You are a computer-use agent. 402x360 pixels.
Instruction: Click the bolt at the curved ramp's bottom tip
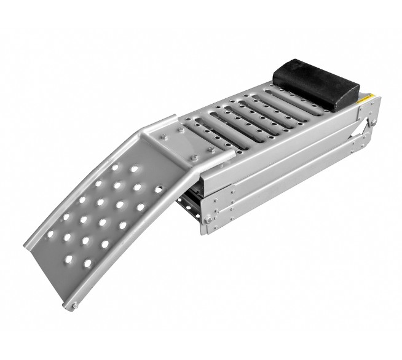[x=74, y=305]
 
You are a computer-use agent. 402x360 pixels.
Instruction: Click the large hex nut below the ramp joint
[x=210, y=222]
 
